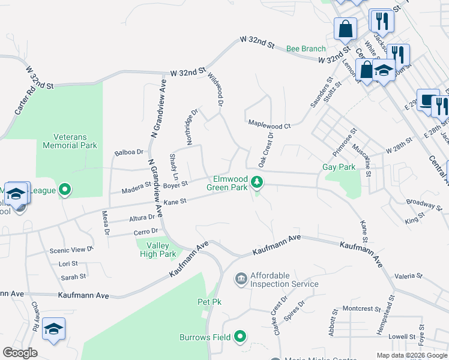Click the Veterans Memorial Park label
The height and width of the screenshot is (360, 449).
click(70, 141)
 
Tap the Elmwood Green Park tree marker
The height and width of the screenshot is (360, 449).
click(257, 181)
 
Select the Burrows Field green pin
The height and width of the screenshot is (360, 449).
click(241, 337)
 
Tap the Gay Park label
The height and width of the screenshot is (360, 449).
click(339, 167)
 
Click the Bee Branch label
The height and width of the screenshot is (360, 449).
click(306, 49)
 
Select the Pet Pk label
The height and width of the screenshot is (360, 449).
click(209, 302)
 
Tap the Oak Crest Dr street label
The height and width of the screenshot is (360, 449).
click(266, 150)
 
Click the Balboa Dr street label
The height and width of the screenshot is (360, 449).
click(129, 152)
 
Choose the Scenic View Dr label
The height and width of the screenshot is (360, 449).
click(71, 250)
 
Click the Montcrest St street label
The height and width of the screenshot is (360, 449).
click(358, 309)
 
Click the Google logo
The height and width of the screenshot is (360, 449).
click(20, 352)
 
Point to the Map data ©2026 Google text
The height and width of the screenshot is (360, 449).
click(411, 355)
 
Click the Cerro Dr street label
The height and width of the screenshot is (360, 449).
click(146, 231)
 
